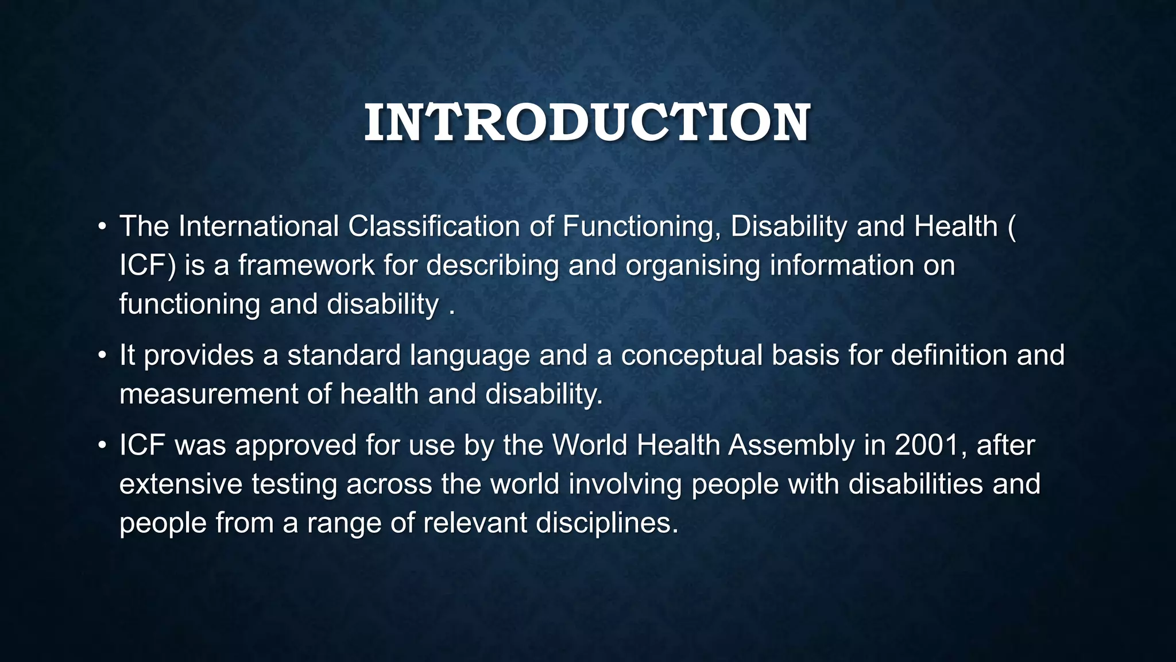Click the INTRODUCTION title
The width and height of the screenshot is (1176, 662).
587,123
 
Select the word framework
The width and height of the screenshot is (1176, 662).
306,265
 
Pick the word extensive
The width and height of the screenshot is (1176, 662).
181,484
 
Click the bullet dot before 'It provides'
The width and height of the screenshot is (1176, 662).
102,356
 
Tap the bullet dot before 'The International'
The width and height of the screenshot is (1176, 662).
102,226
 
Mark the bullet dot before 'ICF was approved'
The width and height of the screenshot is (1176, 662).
102,445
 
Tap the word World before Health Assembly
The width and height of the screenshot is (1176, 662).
589,445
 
